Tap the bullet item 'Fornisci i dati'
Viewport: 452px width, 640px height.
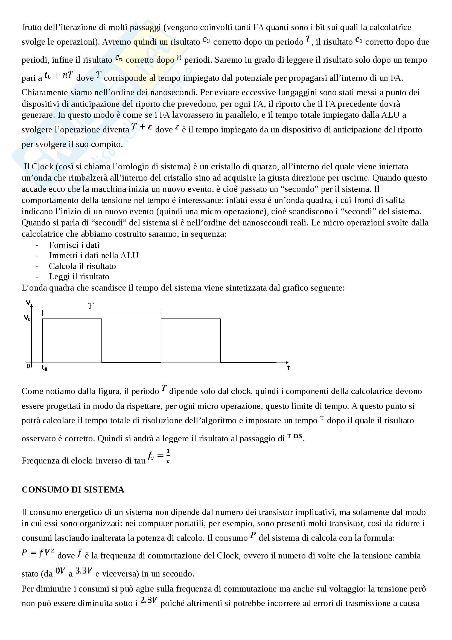point(74,245)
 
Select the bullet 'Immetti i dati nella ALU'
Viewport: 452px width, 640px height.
point(94,255)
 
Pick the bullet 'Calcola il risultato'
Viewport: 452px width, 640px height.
point(82,266)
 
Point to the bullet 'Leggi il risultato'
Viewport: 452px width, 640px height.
point(79,277)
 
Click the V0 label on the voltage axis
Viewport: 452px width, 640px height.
point(27,318)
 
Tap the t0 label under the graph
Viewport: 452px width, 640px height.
point(45,368)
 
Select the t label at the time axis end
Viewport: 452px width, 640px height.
point(288,368)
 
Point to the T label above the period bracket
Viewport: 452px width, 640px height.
point(91,306)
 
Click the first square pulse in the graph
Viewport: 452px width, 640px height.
point(72,340)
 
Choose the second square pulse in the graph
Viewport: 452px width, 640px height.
point(191,340)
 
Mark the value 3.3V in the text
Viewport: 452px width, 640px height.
point(84,571)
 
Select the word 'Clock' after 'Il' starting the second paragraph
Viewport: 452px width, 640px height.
point(42,167)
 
